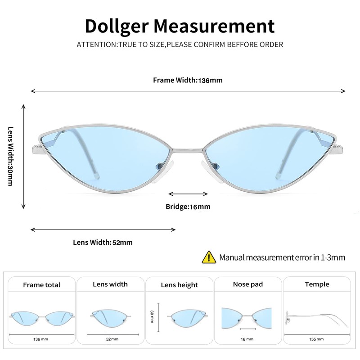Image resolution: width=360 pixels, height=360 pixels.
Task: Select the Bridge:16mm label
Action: coord(188,207)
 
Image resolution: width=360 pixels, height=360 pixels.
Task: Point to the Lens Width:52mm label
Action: coord(103,242)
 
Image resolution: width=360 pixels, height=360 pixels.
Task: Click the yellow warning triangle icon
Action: coord(209,257)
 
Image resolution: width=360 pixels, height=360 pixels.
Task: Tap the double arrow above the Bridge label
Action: coord(188,194)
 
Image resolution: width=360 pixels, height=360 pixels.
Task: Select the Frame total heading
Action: coord(41,285)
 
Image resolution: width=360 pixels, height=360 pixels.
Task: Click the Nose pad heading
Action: coord(247,284)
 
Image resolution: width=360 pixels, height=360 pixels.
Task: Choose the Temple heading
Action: coord(317,284)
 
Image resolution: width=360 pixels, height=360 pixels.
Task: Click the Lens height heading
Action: coord(179,285)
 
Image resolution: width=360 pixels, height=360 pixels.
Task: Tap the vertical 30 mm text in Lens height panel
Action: coord(152,315)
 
